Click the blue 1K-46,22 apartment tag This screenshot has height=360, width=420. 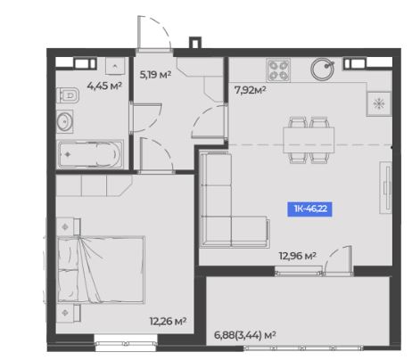(309, 209)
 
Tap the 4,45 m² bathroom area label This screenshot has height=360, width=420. (104, 86)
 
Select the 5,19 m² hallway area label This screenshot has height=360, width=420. (155, 75)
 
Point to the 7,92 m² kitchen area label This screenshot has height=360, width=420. (250, 90)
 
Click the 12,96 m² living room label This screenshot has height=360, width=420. (297, 256)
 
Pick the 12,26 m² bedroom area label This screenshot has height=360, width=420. (168, 321)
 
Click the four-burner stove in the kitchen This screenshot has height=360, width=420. (278, 70)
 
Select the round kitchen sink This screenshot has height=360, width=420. (323, 69)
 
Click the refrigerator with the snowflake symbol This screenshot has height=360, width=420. (379, 103)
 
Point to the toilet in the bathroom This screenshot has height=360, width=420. (68, 95)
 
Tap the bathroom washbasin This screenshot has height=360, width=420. (64, 121)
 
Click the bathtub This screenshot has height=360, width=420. (90, 154)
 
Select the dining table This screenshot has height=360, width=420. (309, 140)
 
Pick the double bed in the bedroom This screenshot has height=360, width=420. (101, 270)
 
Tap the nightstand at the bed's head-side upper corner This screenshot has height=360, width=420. (69, 227)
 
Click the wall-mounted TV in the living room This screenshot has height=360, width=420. (386, 188)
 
